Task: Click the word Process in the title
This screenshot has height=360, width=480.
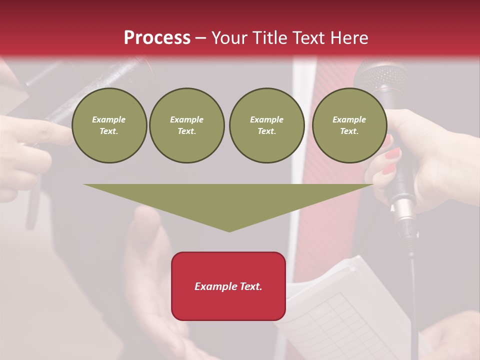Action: coord(157,38)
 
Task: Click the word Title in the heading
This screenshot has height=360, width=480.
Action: coord(269,38)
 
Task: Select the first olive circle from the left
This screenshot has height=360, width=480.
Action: coord(109,125)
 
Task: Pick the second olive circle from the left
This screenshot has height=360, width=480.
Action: coord(187,125)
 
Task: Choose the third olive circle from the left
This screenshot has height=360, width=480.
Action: coord(267,125)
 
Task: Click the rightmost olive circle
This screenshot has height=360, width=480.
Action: coord(349,125)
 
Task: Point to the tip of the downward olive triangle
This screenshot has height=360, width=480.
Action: coord(229,230)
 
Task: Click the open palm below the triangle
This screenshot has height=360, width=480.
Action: coord(150,280)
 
